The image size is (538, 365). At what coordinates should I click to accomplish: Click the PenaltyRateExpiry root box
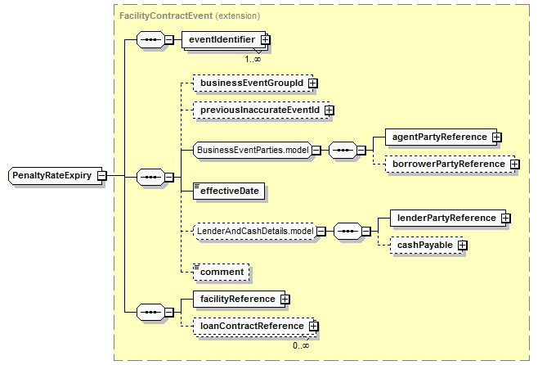[55, 176]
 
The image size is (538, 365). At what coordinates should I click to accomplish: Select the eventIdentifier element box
[223, 40]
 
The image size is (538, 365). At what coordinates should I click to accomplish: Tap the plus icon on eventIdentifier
[265, 40]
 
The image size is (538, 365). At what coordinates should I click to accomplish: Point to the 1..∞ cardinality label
[253, 59]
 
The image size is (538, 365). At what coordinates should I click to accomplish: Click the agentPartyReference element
[441, 137]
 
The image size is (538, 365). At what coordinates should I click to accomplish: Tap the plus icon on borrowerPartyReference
[514, 164]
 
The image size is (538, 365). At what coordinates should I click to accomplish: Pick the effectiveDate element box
[229, 191]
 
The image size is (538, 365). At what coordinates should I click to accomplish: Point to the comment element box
[222, 273]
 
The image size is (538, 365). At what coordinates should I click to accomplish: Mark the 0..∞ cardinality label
[301, 345]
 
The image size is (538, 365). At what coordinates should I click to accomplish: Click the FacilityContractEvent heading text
[166, 16]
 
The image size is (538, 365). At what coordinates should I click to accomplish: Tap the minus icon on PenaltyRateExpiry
[102, 176]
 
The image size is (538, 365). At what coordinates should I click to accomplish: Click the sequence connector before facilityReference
[150, 313]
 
